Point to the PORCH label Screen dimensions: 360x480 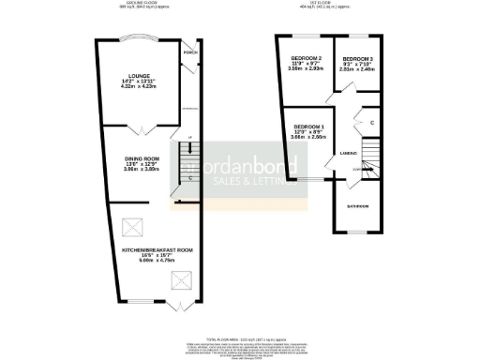[x=190, y=53]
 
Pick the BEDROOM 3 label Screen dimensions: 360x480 [x=358, y=58]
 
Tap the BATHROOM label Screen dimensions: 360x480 [x=358, y=206]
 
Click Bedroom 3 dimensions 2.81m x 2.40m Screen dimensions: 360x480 [x=358, y=69]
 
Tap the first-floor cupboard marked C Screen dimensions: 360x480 [x=371, y=123]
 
